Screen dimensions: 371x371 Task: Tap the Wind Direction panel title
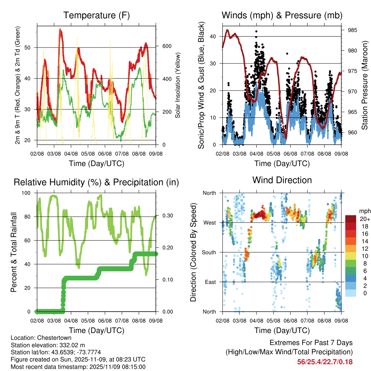[x=282, y=180]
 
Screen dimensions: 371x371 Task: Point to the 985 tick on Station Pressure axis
[x=353, y=30]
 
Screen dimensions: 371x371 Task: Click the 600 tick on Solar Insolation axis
[x=167, y=46]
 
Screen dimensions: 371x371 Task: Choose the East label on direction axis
[x=210, y=282]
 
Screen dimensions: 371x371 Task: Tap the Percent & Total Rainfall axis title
[x=14, y=253]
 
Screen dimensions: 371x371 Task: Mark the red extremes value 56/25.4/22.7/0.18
[x=325, y=362]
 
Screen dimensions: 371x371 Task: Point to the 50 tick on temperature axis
[x=30, y=47]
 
